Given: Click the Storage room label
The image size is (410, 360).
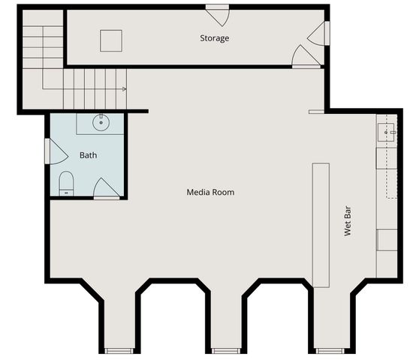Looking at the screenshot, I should pyautogui.click(x=214, y=38).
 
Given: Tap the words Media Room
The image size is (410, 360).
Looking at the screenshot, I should pyautogui.click(x=210, y=193).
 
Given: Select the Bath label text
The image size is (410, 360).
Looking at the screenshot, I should pyautogui.click(x=89, y=156).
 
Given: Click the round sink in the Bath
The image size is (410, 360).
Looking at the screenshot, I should pyautogui.click(x=99, y=121).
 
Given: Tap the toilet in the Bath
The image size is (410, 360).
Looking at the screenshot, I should pyautogui.click(x=66, y=182).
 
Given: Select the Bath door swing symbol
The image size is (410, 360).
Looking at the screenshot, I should pyautogui.click(x=106, y=188).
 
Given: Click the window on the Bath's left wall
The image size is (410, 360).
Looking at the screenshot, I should pyautogui.click(x=47, y=150).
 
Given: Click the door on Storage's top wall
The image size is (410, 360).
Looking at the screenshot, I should pyautogui.click(x=217, y=13).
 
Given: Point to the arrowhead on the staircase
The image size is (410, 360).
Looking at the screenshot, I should pyautogui.click(x=123, y=88).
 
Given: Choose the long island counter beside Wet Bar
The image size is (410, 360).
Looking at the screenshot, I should pyautogui.click(x=321, y=224).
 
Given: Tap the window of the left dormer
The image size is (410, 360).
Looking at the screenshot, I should pyautogui.click(x=119, y=350).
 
